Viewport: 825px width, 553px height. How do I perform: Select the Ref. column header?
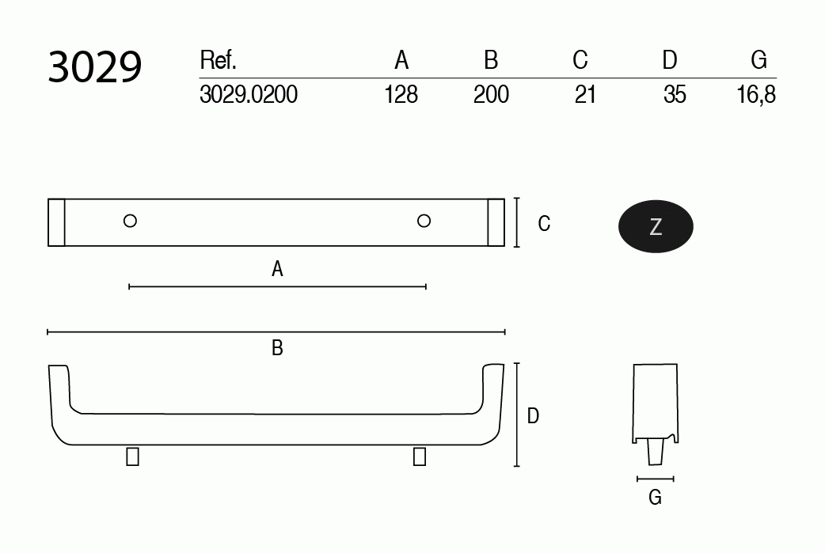219,60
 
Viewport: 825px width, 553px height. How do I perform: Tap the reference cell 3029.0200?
249,95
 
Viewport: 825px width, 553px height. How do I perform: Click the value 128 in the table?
401,95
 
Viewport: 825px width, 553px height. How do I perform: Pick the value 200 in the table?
491,95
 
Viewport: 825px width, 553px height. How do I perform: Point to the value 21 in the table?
585,95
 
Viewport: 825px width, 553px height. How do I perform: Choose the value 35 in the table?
675,95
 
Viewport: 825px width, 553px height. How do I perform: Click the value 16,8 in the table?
755,95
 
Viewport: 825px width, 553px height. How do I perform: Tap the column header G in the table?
758,60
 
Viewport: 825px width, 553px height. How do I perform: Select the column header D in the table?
670,60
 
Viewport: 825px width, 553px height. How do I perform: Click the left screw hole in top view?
131,221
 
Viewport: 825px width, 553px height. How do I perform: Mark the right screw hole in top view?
424,221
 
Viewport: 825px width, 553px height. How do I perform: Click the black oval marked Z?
656,227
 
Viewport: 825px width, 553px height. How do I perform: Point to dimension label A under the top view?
277,270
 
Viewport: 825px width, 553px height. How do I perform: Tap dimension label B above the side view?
277,348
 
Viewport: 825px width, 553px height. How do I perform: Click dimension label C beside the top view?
544,224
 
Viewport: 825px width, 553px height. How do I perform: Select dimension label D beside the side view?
533,415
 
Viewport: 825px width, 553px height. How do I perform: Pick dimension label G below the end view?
655,498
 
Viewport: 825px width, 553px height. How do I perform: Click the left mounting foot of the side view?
133,456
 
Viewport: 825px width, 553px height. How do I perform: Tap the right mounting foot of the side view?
419,456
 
